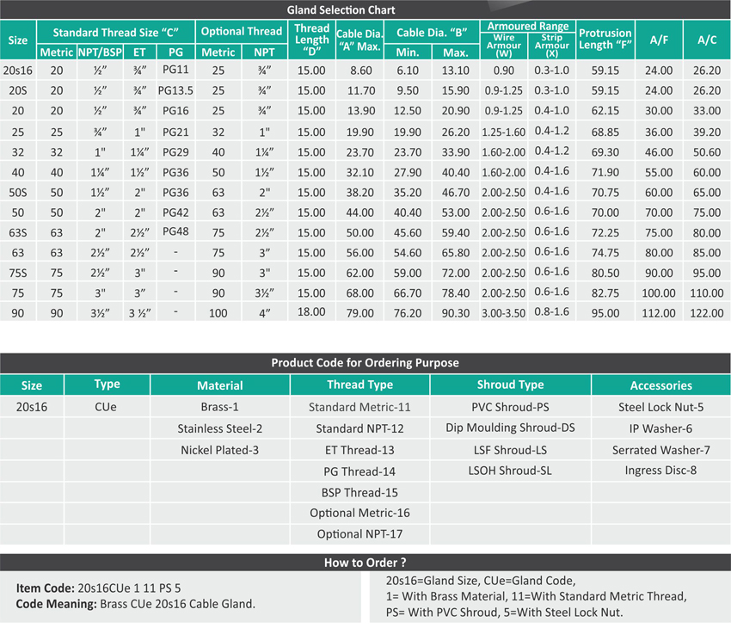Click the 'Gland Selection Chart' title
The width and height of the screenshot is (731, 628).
(x=365, y=10)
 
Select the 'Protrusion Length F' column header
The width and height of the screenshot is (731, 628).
(x=605, y=39)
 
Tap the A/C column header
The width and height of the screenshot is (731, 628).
(x=706, y=40)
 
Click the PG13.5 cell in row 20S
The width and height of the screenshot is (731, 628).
(x=176, y=89)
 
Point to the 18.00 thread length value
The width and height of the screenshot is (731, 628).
(x=311, y=313)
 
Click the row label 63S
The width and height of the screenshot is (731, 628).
(x=18, y=232)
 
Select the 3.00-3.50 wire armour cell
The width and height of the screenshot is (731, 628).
(x=504, y=313)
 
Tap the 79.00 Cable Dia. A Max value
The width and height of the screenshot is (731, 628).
(x=360, y=313)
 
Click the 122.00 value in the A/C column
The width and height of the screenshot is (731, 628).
(x=707, y=313)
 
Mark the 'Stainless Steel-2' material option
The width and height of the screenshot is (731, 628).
(x=219, y=428)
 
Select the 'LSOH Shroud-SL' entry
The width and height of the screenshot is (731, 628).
(x=510, y=471)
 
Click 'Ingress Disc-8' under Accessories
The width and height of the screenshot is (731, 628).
(x=660, y=471)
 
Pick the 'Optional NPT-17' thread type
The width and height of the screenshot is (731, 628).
(x=359, y=534)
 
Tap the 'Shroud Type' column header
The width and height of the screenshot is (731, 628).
(x=510, y=385)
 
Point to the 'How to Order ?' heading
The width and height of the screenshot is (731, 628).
(x=365, y=563)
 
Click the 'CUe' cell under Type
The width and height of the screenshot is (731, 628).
(x=107, y=407)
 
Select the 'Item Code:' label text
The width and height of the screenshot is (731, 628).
(x=46, y=588)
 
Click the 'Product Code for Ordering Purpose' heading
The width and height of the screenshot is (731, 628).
(x=365, y=362)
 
